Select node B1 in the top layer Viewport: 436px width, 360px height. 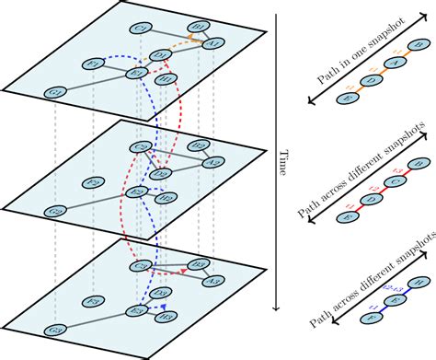[x=197, y=27]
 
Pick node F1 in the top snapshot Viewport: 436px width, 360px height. [x=94, y=64]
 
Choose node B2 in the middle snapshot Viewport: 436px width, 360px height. [x=197, y=145]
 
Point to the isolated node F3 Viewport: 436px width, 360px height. [x=92, y=301]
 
